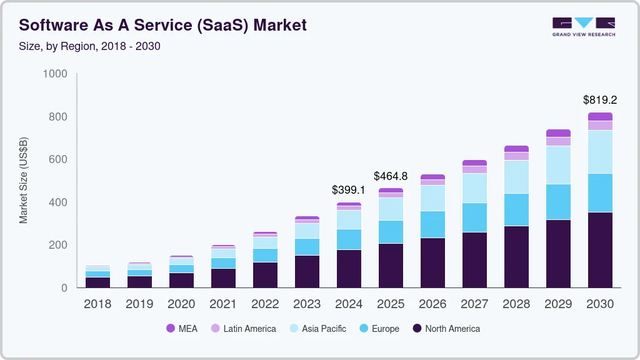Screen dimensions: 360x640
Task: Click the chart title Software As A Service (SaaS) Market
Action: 162,26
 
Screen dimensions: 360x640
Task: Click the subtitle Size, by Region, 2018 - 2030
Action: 89,46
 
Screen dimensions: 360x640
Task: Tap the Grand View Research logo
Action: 583,26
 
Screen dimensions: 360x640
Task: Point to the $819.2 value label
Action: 600,100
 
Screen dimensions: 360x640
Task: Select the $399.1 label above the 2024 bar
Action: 349,190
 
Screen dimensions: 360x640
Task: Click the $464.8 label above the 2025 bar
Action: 391,176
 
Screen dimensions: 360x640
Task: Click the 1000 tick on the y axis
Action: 55,74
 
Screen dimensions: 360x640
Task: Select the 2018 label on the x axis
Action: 97,304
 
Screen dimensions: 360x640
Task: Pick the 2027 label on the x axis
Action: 474,304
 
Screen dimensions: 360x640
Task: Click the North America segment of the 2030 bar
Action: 600,250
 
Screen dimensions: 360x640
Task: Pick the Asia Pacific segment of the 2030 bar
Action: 600,152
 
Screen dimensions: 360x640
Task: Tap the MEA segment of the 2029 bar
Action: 558,133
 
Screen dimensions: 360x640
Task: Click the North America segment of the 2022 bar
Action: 265,275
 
